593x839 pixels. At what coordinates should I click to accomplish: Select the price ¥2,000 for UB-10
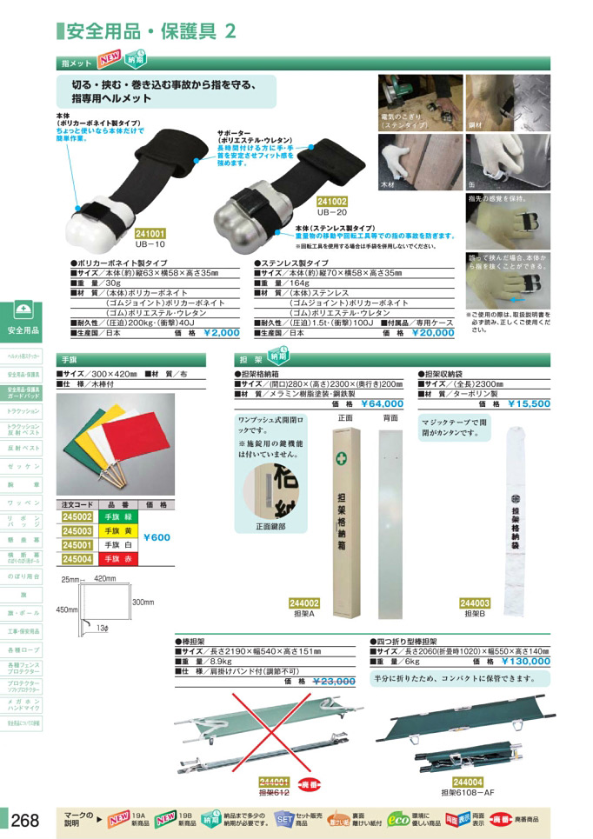pos(221,332)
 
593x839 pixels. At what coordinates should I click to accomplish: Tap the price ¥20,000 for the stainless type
pos(432,332)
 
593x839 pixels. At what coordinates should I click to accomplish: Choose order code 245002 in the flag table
pos(77,516)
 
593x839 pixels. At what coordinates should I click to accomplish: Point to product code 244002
pos(304,603)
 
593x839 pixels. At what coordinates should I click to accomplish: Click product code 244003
pos(475,603)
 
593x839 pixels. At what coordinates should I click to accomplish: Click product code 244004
pos(468,782)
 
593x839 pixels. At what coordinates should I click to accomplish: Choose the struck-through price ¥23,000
pos(332,682)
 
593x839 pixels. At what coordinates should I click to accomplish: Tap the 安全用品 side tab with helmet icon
pos(23,319)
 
